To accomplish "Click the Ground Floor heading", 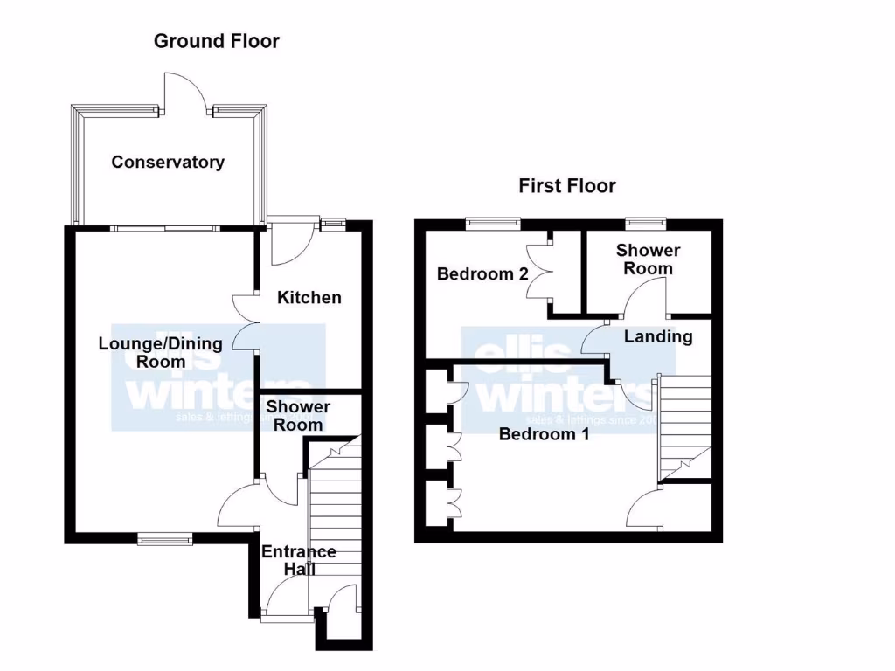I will point(217,41).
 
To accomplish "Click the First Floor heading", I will point(566,185).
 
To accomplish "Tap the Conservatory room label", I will point(168,162).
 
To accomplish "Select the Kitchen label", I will point(309,297).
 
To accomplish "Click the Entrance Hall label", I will point(298,560).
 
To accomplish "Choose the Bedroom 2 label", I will point(482,273).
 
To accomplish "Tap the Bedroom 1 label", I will point(544,434).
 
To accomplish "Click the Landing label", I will point(657,336).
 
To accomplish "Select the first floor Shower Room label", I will point(648,259).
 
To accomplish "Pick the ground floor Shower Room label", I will point(298,416).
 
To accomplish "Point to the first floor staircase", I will point(684,425).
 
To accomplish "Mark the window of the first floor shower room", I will point(646,223).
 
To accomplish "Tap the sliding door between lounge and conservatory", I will point(165,228).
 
